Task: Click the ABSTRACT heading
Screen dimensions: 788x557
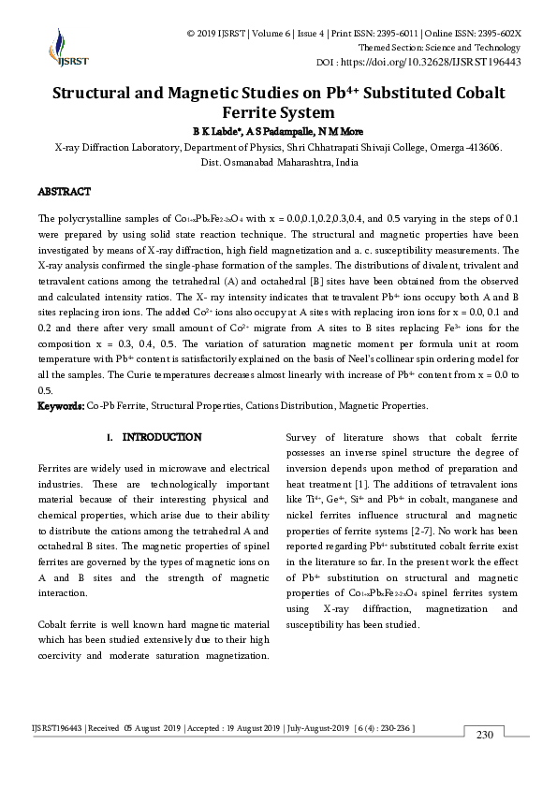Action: coord(64,191)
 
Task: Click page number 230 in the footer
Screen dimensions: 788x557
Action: coord(484,735)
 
